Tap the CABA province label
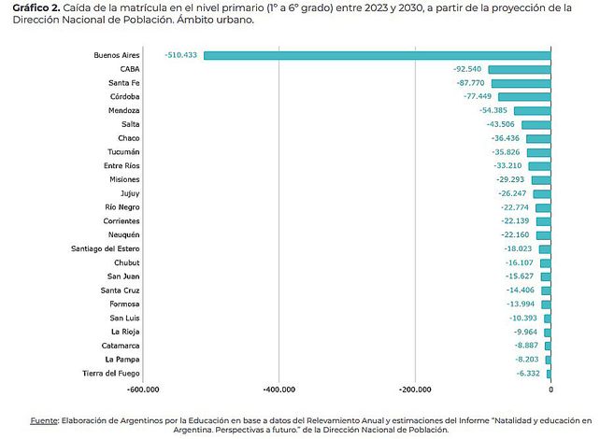[130, 69]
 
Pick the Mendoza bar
[532, 110]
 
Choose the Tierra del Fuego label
[111, 373]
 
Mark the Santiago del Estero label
[106, 248]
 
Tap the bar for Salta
[536, 124]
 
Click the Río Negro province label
[121, 207]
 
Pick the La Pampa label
[122, 359]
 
